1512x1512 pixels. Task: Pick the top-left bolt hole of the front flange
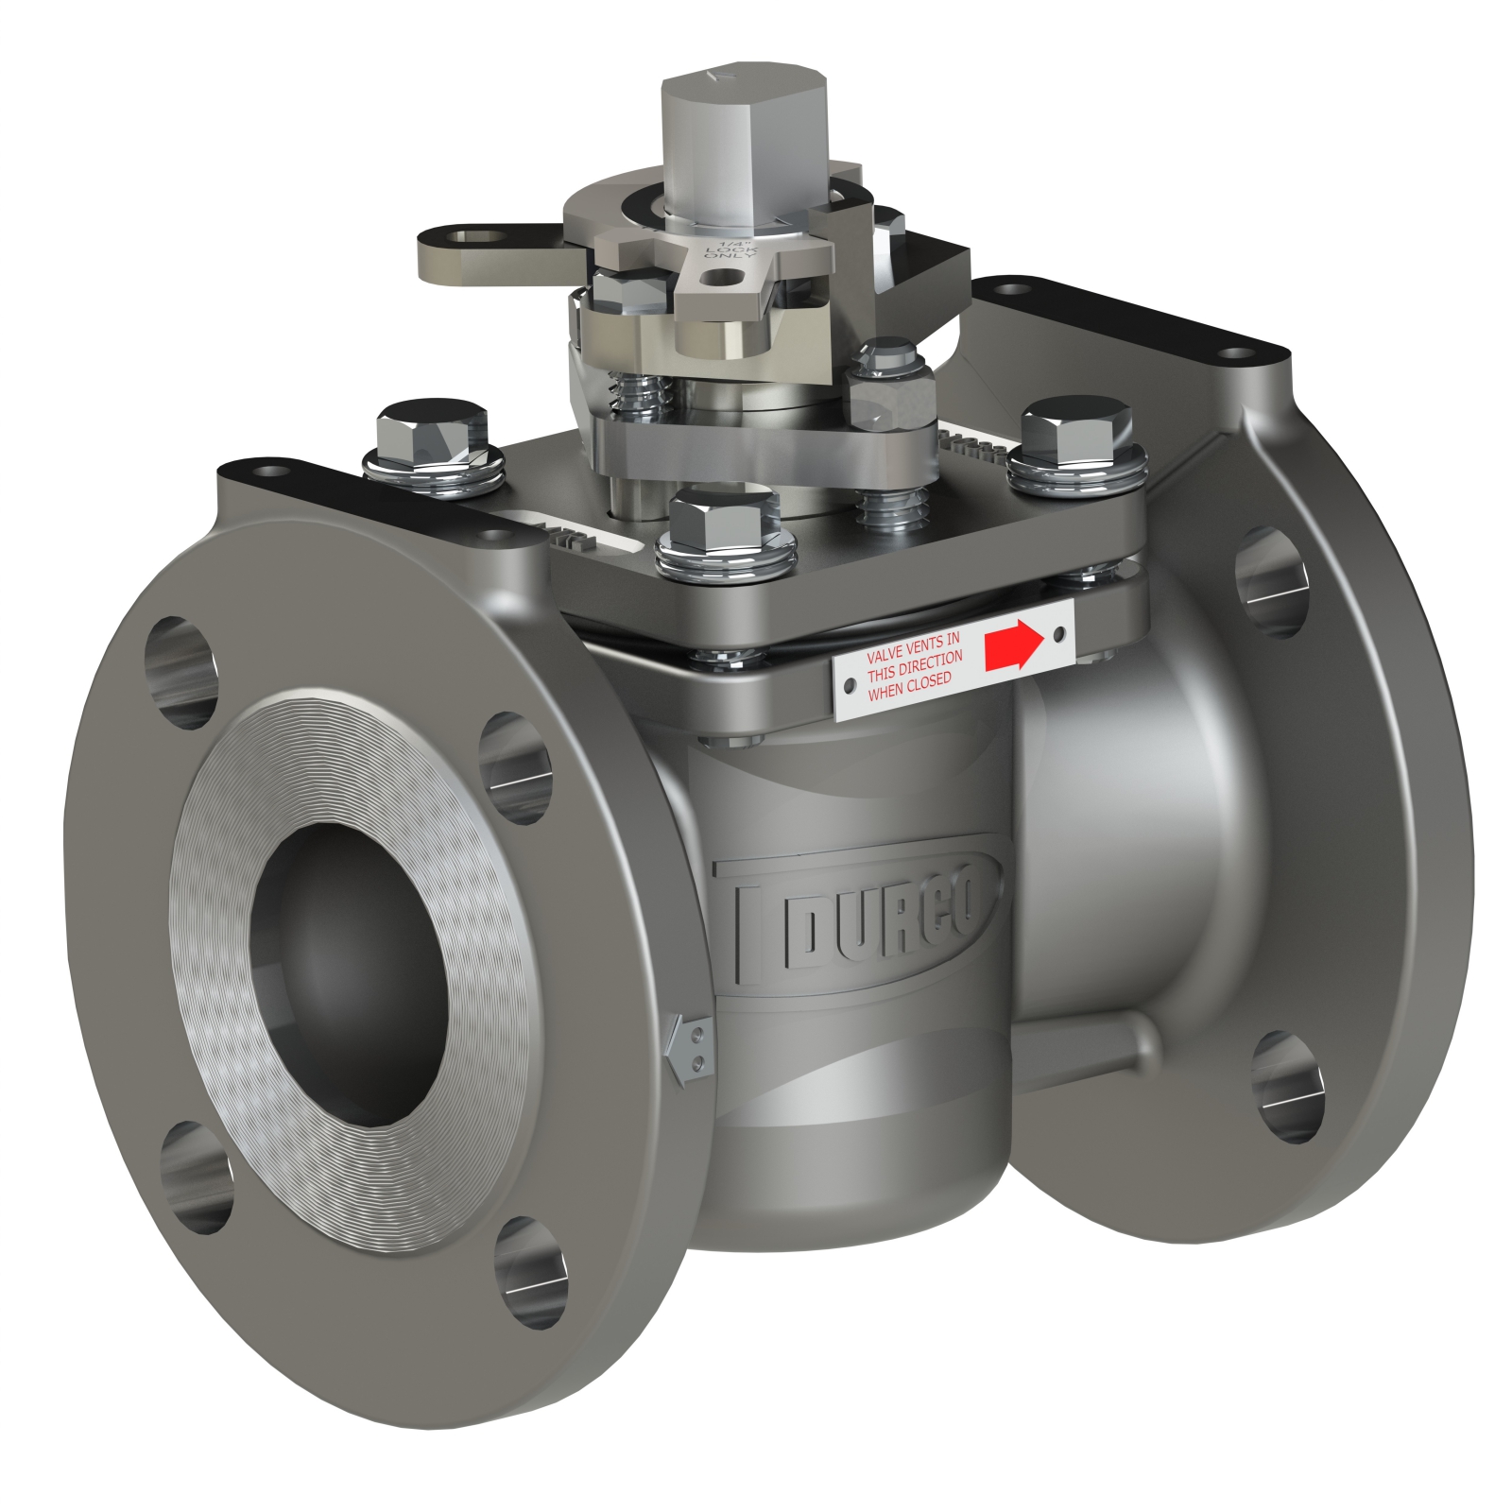pyautogui.click(x=180, y=672)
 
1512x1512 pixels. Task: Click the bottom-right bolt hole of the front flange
pyautogui.click(x=529, y=1271)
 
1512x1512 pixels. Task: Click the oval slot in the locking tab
pyautogui.click(x=472, y=238)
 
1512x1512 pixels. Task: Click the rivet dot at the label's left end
pyautogui.click(x=850, y=683)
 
